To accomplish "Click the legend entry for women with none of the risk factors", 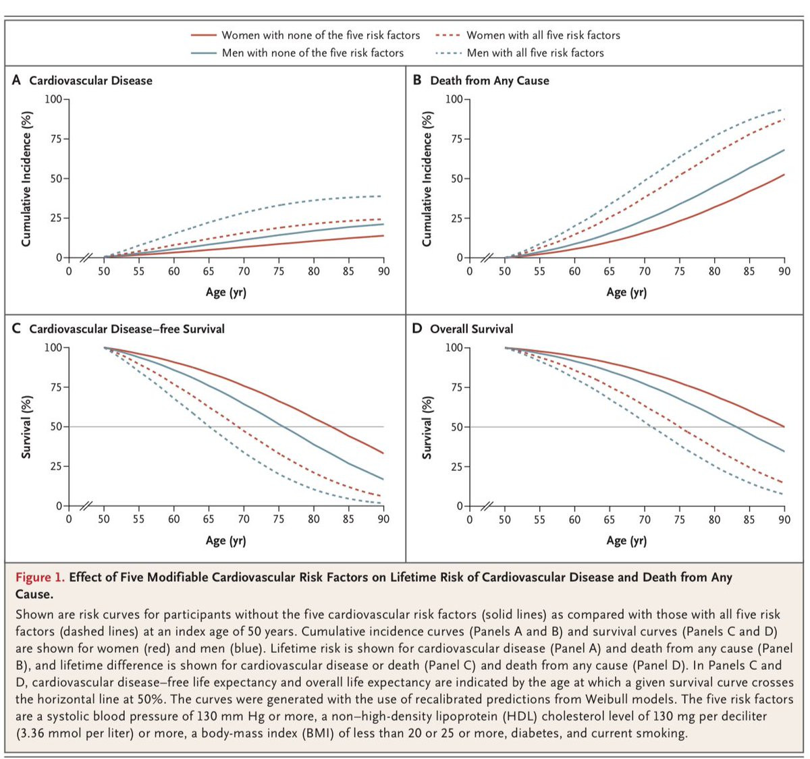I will click(x=321, y=35).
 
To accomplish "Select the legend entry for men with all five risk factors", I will click(x=535, y=53).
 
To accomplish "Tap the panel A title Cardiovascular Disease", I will click(x=90, y=80).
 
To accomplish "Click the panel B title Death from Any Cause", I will click(x=489, y=80).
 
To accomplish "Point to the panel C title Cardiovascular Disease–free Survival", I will click(x=127, y=329).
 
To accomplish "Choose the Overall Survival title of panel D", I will click(x=471, y=329).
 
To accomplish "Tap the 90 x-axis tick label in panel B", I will click(x=784, y=271).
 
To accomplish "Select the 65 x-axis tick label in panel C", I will click(x=209, y=519).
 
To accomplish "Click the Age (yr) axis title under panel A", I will click(x=226, y=292).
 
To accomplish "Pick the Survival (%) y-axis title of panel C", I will click(x=26, y=427).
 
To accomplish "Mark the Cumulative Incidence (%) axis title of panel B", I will click(x=427, y=179).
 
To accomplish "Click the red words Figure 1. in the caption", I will click(x=40, y=578).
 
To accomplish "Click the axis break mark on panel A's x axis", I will click(x=86, y=258).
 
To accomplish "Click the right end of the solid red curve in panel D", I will click(x=784, y=426).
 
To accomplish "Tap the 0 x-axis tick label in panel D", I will click(x=470, y=519).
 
